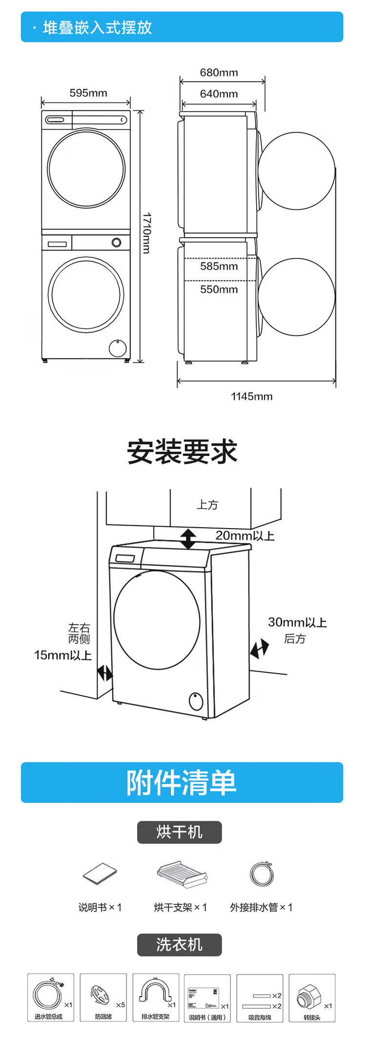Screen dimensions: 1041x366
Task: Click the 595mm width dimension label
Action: (x=88, y=93)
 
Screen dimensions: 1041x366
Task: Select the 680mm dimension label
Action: (x=219, y=73)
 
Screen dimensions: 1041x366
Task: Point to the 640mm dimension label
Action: (x=219, y=94)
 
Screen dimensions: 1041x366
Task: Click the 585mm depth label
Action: (x=219, y=266)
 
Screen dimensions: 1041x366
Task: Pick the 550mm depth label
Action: (x=219, y=289)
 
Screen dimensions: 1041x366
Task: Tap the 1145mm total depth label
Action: (x=251, y=396)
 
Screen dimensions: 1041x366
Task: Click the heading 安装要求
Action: (x=182, y=451)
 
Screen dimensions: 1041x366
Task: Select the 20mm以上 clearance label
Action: (x=245, y=535)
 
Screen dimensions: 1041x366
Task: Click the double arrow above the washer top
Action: (x=188, y=539)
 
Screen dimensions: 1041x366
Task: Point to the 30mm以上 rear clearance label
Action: (x=297, y=622)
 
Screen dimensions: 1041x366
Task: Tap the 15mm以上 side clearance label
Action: (x=62, y=655)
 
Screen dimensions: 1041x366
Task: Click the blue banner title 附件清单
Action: (x=182, y=782)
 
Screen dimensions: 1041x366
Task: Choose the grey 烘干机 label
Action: (x=179, y=832)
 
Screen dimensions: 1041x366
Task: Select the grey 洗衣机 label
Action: (x=179, y=945)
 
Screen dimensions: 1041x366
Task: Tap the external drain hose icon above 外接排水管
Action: (x=262, y=874)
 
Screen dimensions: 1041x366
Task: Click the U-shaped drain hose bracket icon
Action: (x=155, y=991)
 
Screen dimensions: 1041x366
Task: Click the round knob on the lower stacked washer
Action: (x=117, y=243)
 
